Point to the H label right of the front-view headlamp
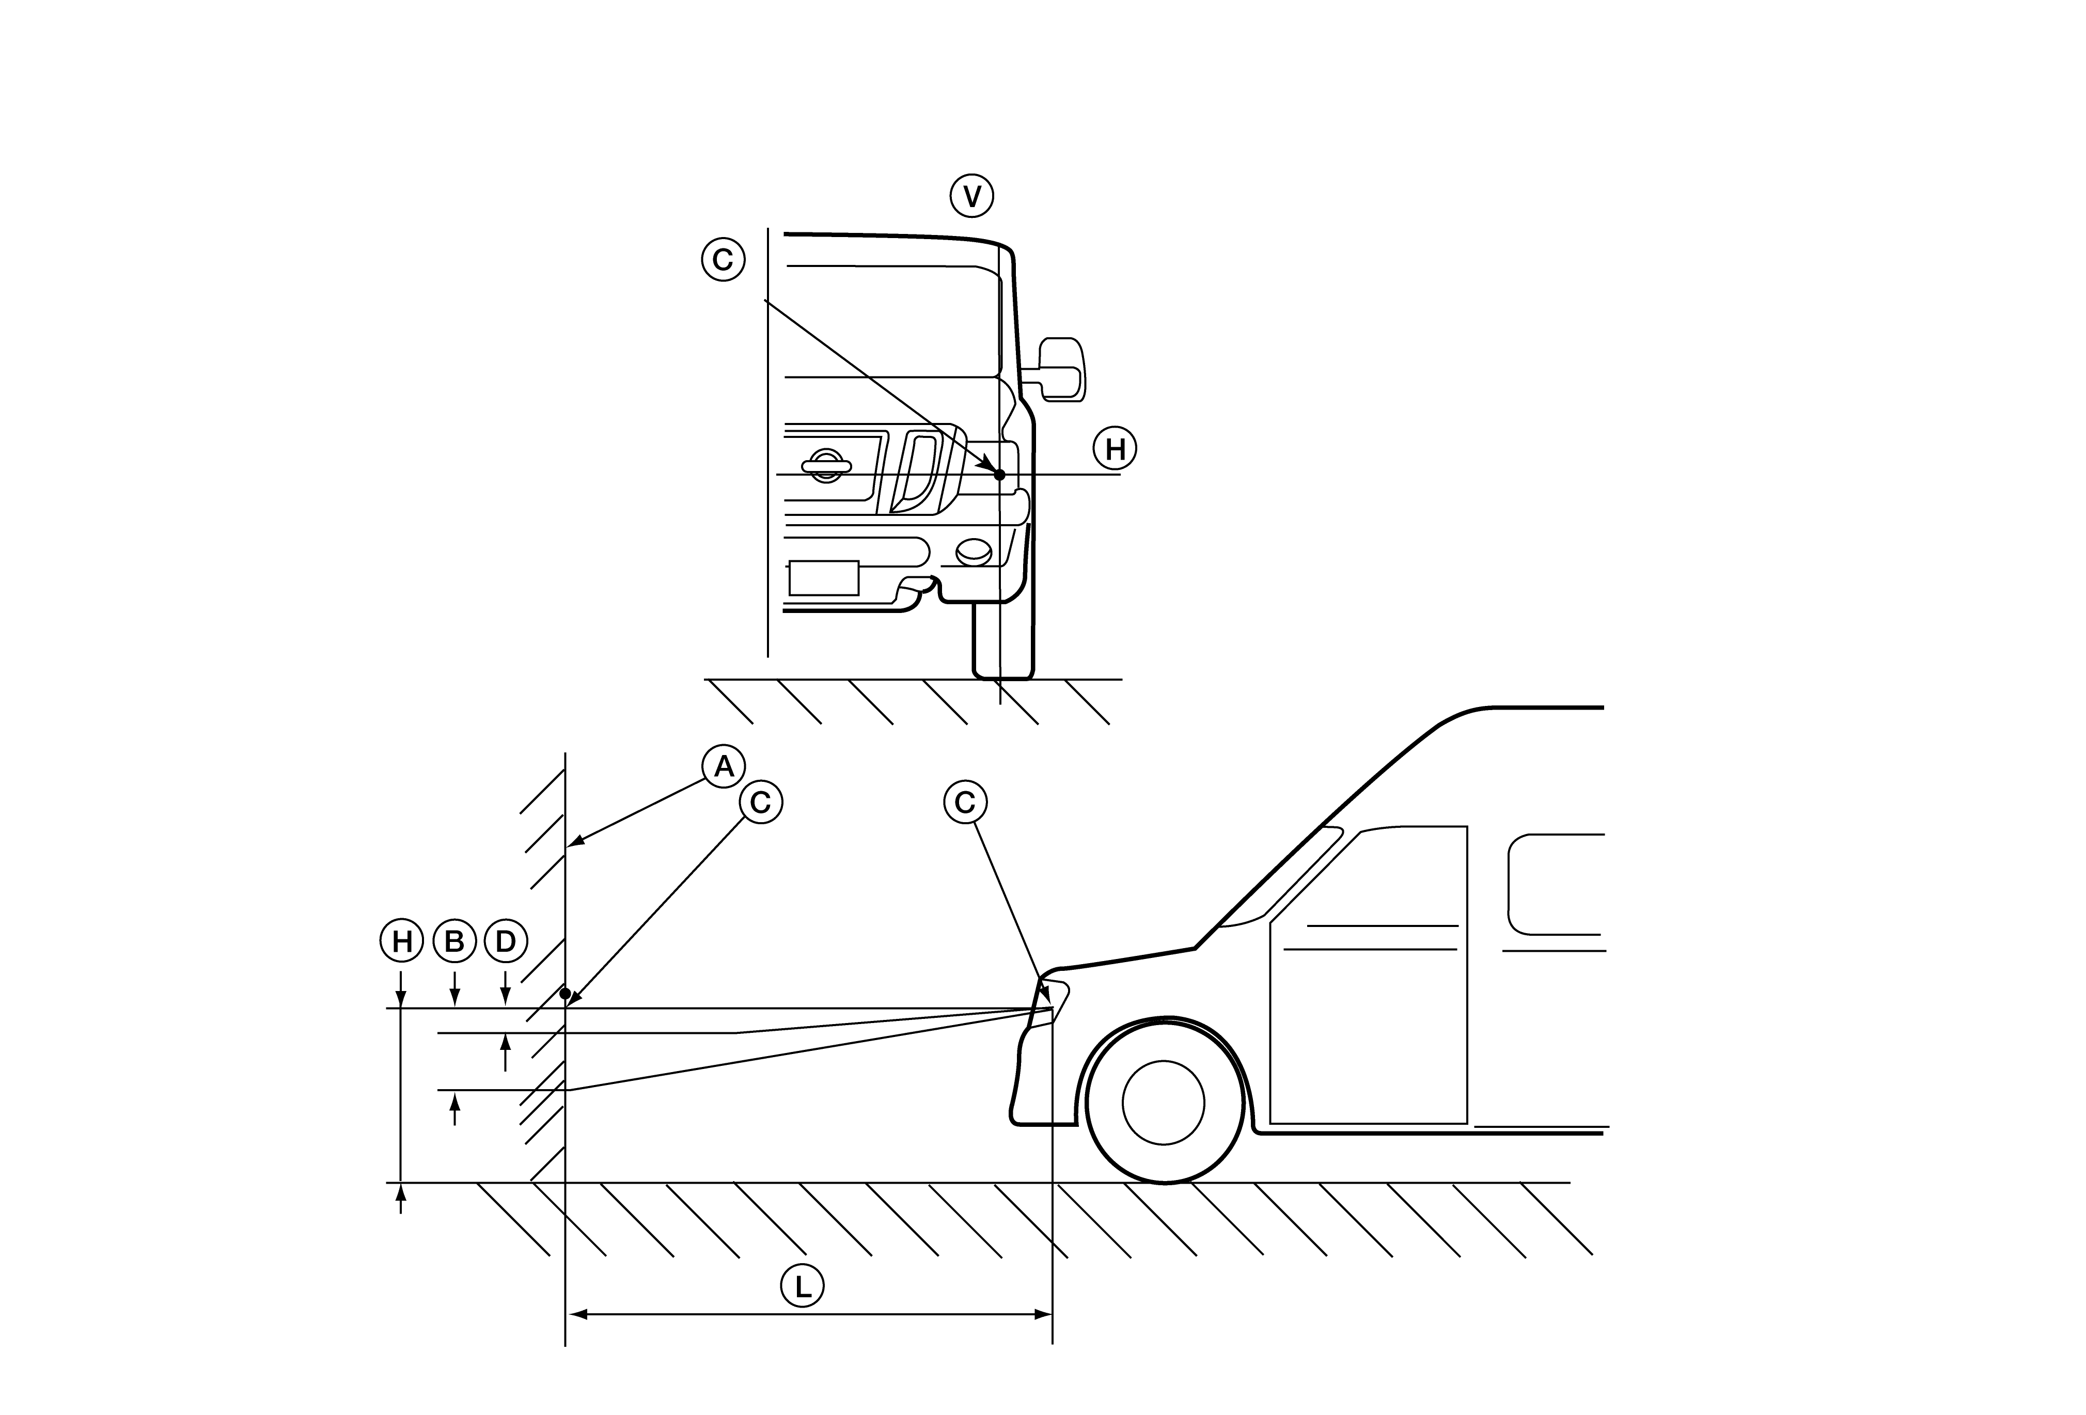pos(1115,449)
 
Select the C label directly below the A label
pos(760,803)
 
